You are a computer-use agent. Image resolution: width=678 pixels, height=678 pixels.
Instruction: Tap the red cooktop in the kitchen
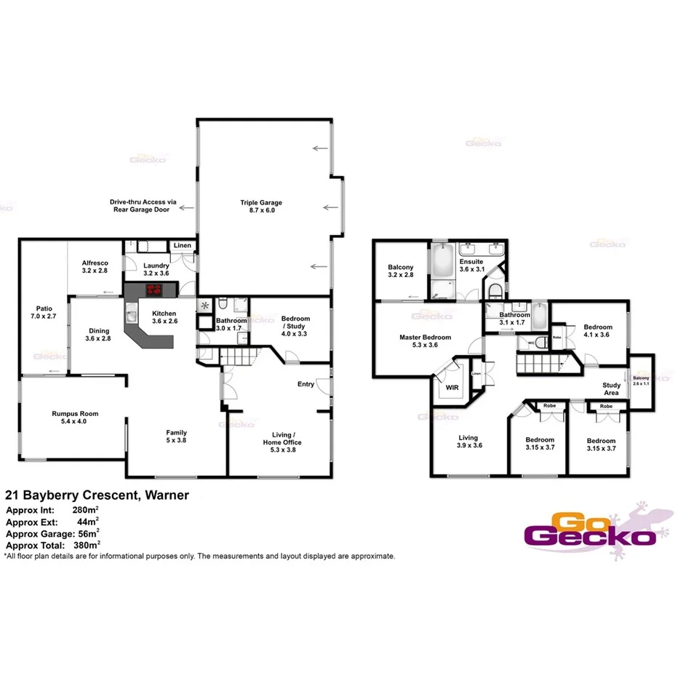pyautogui.click(x=154, y=290)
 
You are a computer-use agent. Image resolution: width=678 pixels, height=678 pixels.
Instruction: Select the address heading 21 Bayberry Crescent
pyautogui.click(x=97, y=495)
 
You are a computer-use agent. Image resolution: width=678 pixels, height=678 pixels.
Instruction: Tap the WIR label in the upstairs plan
pyautogui.click(x=453, y=388)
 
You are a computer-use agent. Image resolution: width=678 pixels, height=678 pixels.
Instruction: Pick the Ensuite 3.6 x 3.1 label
pyautogui.click(x=471, y=266)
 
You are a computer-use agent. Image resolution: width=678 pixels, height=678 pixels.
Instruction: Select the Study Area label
pyautogui.click(x=611, y=390)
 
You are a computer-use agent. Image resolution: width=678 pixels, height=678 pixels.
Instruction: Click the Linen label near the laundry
pyautogui.click(x=183, y=246)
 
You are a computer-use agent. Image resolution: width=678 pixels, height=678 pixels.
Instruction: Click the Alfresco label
pyautogui.click(x=95, y=266)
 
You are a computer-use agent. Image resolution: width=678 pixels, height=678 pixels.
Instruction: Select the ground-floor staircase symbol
pyautogui.click(x=239, y=356)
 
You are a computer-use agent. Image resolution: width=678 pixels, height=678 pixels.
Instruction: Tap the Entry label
pyautogui.click(x=306, y=384)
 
